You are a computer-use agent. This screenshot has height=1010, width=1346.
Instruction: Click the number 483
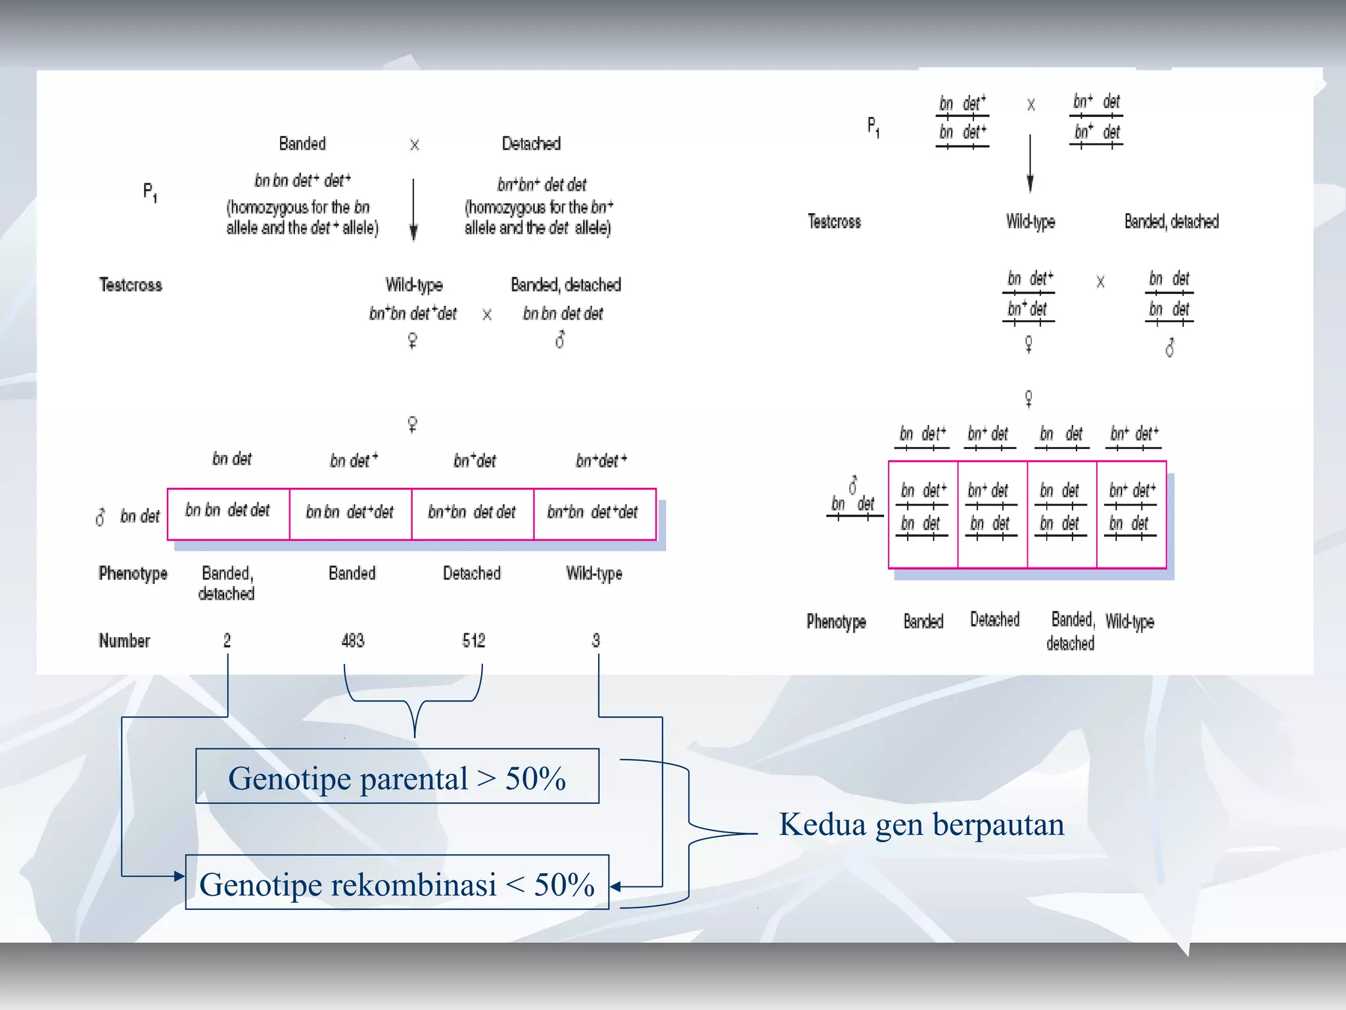[353, 640]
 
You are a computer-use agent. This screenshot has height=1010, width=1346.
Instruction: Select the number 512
[473, 640]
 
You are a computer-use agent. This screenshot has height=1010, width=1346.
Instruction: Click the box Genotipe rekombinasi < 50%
[397, 882]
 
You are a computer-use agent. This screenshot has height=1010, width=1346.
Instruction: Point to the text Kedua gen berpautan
[921, 825]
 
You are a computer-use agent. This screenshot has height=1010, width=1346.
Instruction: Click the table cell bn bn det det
[227, 511]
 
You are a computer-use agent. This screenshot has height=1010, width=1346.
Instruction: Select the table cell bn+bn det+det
[593, 512]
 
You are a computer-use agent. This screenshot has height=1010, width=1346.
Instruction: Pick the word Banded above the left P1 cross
[302, 143]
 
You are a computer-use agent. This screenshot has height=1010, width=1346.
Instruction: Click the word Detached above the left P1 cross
[531, 143]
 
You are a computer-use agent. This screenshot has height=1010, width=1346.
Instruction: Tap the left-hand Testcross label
[131, 285]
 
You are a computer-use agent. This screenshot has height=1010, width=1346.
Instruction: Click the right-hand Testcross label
[834, 222]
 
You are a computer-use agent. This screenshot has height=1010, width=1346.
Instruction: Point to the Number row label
[124, 640]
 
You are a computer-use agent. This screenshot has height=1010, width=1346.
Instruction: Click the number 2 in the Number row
[227, 640]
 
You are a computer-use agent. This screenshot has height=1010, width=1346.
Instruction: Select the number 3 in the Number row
[595, 640]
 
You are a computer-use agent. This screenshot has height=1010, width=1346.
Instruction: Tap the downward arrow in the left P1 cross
[413, 210]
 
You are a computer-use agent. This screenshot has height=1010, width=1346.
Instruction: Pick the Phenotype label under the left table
[133, 573]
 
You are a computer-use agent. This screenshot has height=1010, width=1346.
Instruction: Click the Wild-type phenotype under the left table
[594, 573]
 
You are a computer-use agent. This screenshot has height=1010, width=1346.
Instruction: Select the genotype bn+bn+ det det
[542, 185]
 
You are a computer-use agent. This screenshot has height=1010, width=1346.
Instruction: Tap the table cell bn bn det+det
[350, 512]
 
